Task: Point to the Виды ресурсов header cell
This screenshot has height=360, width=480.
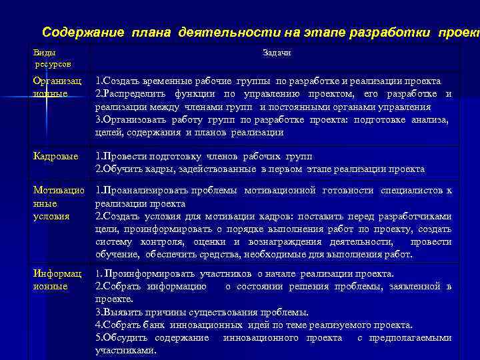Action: coord(52,58)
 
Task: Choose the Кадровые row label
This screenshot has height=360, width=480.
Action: coord(55,156)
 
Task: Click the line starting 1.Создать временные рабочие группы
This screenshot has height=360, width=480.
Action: coord(263,81)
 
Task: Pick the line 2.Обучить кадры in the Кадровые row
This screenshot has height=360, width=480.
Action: coord(260,169)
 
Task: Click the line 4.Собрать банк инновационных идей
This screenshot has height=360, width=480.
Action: coord(254,325)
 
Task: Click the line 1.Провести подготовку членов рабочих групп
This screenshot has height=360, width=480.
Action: coord(204,156)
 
